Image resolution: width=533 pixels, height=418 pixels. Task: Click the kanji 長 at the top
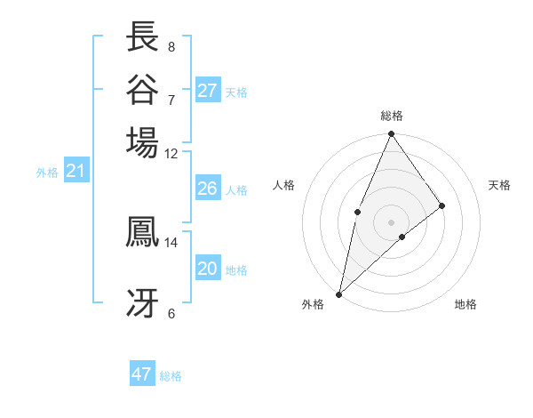(143, 37)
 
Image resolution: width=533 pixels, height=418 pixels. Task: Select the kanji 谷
(143, 89)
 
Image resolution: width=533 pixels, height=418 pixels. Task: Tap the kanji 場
(143, 141)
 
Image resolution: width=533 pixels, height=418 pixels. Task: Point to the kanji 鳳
(143, 231)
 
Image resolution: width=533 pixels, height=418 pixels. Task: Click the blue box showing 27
(208, 91)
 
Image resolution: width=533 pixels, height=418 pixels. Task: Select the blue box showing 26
(208, 189)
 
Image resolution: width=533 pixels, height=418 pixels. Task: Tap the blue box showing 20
(208, 269)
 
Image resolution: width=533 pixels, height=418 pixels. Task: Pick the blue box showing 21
(76, 171)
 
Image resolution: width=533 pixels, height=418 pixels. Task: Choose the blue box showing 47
(142, 374)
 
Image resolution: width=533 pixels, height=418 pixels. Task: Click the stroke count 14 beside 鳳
(171, 242)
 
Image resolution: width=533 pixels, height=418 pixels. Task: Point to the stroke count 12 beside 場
(171, 153)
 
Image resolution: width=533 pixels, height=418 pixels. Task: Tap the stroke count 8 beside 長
(171, 46)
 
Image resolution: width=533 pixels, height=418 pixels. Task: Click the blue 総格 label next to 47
(171, 376)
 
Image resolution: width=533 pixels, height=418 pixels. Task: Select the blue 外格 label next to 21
(47, 173)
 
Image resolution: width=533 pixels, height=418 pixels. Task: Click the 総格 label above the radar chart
(391, 116)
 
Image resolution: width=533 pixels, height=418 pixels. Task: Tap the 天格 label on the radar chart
(499, 185)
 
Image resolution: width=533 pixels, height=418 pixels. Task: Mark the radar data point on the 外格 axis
(338, 294)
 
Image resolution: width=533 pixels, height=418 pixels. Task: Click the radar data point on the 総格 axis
(391, 135)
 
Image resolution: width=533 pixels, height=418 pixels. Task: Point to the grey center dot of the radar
(391, 221)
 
